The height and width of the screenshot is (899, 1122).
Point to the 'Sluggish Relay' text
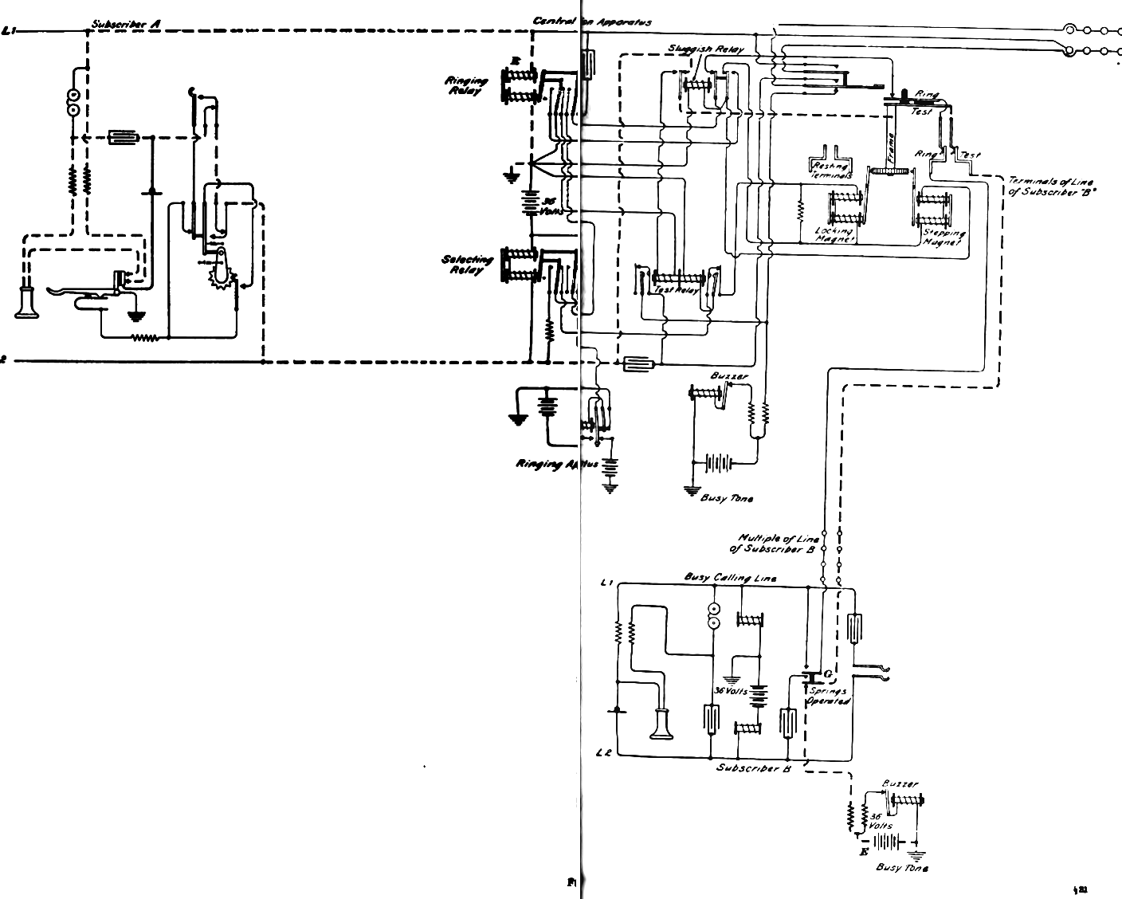pyautogui.click(x=706, y=49)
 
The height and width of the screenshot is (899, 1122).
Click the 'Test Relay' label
pyautogui.click(x=676, y=291)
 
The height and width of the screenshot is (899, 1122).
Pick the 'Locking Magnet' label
pyautogui.click(x=834, y=234)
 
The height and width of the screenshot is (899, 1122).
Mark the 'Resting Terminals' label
pyautogui.click(x=831, y=170)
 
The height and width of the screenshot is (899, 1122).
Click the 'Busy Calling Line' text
pyautogui.click(x=731, y=577)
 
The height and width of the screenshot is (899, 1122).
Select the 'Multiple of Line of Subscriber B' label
pyautogui.click(x=773, y=544)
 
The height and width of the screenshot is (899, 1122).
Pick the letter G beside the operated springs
pyautogui.click(x=828, y=674)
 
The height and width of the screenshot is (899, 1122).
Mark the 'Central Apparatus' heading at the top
pyautogui.click(x=593, y=22)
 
